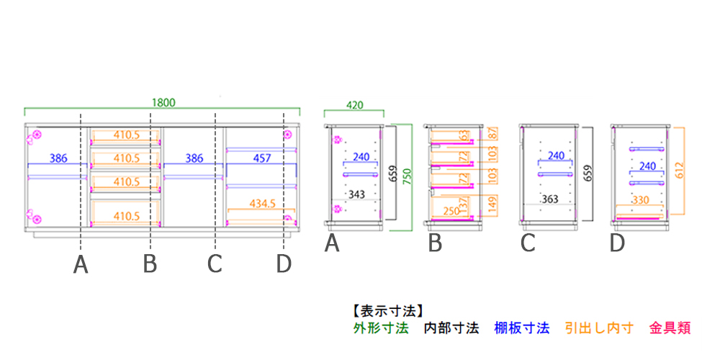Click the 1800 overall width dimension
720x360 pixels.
[163, 102]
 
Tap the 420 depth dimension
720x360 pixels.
[354, 105]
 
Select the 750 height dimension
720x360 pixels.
[407, 177]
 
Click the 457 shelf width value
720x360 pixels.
[261, 158]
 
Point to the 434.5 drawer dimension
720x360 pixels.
[263, 204]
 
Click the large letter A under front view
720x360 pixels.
[81, 266]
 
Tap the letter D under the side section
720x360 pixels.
[617, 244]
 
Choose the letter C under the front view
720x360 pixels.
[215, 264]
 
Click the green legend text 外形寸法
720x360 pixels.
[381, 328]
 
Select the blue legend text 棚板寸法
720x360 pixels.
[521, 328]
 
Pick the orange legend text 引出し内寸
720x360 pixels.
[599, 328]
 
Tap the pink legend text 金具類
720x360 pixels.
[670, 328]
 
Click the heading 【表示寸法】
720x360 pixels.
[386, 312]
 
